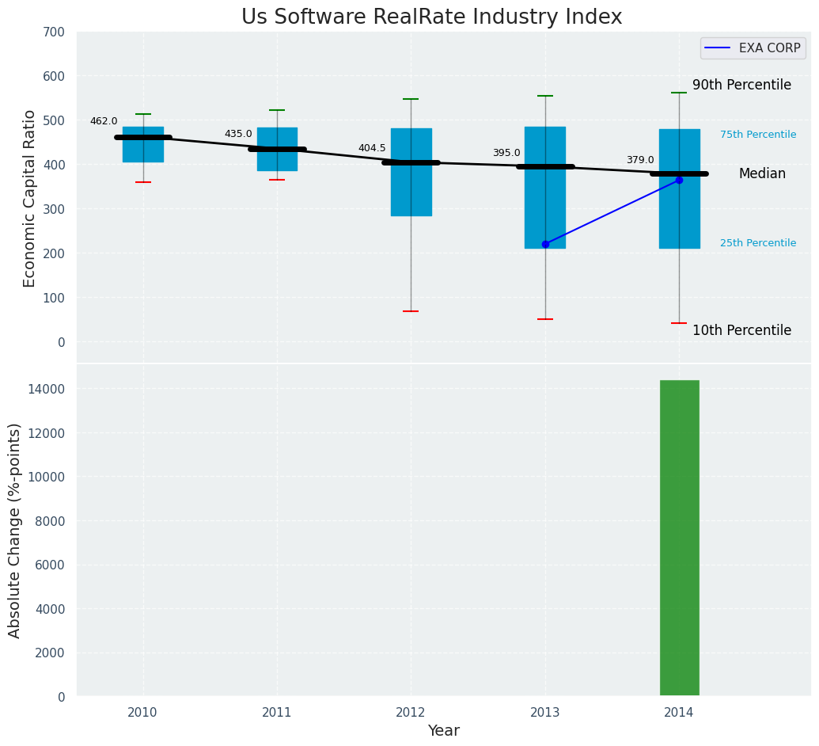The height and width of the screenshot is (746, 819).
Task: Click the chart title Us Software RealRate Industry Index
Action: click(x=431, y=17)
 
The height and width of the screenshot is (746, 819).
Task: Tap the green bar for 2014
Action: click(x=679, y=538)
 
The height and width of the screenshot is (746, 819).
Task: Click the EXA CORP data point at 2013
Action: click(x=545, y=244)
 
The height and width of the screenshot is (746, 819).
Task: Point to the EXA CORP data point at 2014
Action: click(x=679, y=181)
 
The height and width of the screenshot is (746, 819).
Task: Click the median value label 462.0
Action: click(x=104, y=121)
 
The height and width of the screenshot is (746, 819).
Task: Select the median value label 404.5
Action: click(x=372, y=148)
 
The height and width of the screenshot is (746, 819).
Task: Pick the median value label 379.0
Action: click(x=640, y=160)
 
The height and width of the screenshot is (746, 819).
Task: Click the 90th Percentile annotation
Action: click(x=741, y=85)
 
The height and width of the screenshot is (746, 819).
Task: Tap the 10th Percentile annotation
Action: click(x=741, y=330)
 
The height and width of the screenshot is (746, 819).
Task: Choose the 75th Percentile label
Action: click(x=758, y=135)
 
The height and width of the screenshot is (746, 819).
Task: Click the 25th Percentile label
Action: click(x=758, y=243)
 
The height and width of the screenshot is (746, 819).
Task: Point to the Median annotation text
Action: click(x=762, y=173)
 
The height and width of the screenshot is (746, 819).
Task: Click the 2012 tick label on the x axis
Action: click(x=411, y=712)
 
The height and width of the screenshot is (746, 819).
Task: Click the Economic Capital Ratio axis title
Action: click(x=30, y=198)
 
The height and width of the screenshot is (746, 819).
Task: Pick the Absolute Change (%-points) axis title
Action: click(x=15, y=530)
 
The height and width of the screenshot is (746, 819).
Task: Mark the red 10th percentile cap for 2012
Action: click(x=411, y=311)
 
